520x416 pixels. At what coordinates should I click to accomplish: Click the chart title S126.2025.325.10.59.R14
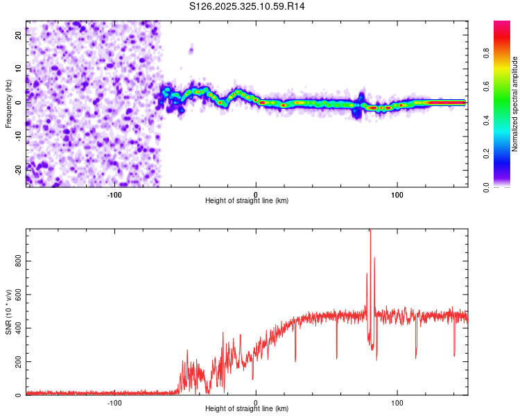[x=248, y=6]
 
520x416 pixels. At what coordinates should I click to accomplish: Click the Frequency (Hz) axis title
[x=8, y=103]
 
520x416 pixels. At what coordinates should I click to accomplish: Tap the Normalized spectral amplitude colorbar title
[x=515, y=103]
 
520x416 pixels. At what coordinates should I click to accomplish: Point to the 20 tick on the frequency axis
[x=18, y=37]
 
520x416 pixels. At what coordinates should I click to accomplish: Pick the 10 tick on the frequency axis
[x=18, y=69]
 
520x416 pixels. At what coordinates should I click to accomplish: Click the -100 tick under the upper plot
[x=114, y=195]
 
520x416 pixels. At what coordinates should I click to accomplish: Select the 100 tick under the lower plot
[x=397, y=403]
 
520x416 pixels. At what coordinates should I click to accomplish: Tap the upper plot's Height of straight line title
[x=247, y=201]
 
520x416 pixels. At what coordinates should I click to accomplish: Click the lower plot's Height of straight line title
[x=247, y=409]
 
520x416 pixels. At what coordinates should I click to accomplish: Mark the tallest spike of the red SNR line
[x=370, y=231]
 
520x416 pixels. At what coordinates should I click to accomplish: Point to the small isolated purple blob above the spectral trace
[x=191, y=49]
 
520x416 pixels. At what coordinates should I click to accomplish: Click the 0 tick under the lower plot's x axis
[x=256, y=403]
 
